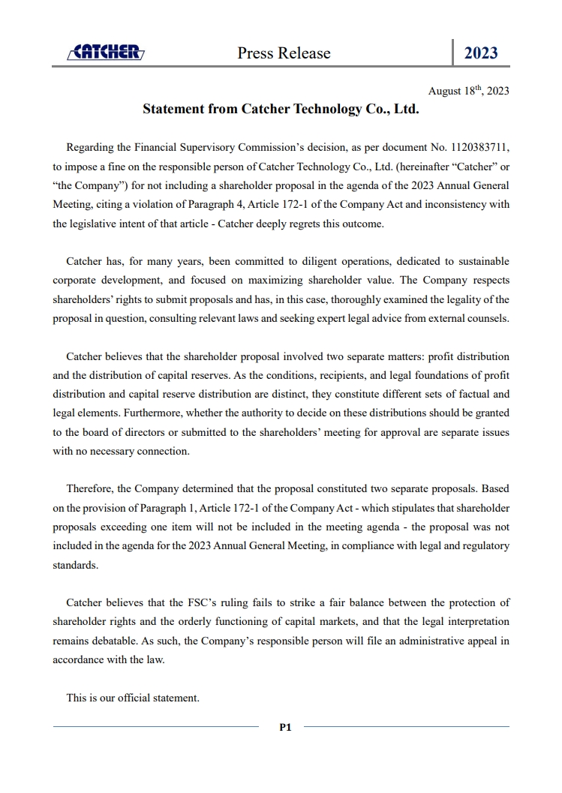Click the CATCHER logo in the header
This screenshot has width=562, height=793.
click(x=106, y=52)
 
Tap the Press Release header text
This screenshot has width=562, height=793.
click(x=284, y=53)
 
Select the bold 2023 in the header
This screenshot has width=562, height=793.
click(x=481, y=53)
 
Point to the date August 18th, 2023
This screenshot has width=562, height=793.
click(x=468, y=91)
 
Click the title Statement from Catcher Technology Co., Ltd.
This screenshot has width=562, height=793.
click(x=281, y=109)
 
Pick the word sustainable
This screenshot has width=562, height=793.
click(x=480, y=261)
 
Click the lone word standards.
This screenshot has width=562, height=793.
click(x=76, y=565)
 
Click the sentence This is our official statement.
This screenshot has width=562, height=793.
click(x=133, y=698)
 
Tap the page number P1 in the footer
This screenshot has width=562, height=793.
click(x=285, y=726)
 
